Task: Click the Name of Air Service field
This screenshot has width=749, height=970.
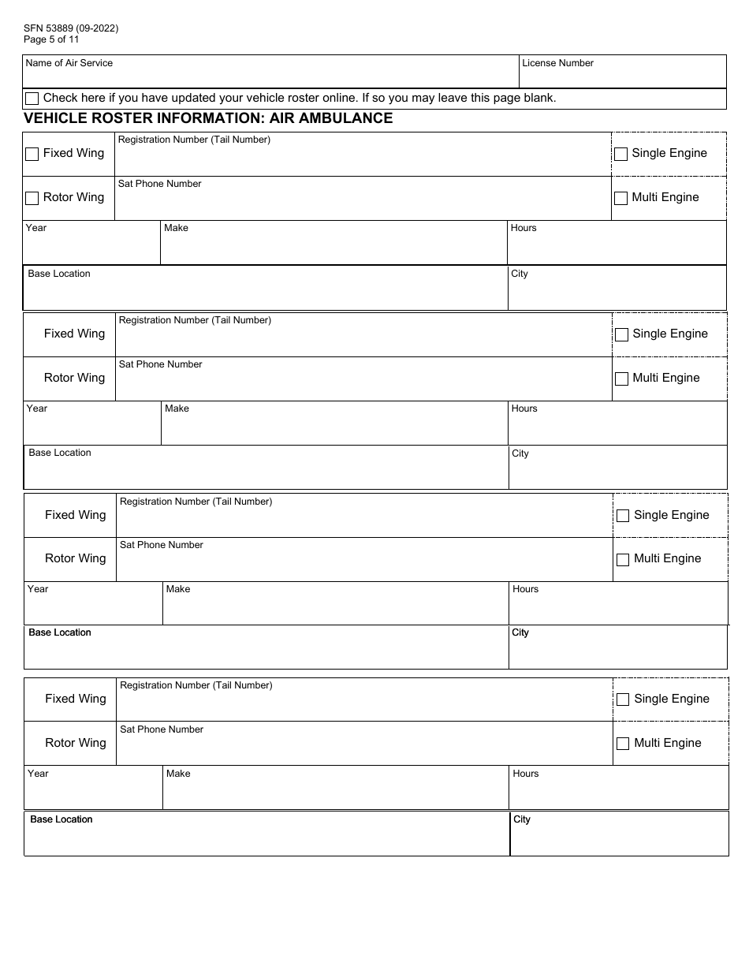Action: pyautogui.click(x=270, y=76)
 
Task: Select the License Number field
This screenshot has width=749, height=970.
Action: pyautogui.click(x=623, y=76)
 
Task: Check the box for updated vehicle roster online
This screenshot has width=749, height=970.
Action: pyautogui.click(x=32, y=99)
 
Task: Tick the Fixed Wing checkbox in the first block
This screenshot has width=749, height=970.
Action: pyautogui.click(x=32, y=154)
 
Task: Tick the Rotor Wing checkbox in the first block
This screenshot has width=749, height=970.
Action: pyautogui.click(x=32, y=198)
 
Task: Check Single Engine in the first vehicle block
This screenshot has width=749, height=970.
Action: pyautogui.click(x=621, y=154)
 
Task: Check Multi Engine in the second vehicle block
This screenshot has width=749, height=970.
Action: pyautogui.click(x=622, y=379)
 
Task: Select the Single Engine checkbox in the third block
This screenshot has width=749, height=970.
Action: pyautogui.click(x=623, y=516)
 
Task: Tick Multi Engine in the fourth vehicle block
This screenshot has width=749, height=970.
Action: pyautogui.click(x=623, y=744)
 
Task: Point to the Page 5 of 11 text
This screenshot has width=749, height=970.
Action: pyautogui.click(x=51, y=39)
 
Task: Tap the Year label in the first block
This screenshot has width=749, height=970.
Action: pyautogui.click(x=36, y=228)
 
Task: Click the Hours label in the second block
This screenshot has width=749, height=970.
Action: pyautogui.click(x=524, y=409)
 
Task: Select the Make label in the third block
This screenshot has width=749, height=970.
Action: pyautogui.click(x=178, y=589)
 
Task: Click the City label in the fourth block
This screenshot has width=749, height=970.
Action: pyautogui.click(x=522, y=819)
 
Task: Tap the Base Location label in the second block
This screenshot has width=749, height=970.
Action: pyautogui.click(x=60, y=453)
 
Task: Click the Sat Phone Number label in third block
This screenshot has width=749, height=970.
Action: pyautogui.click(x=162, y=545)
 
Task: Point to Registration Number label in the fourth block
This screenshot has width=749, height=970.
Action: pyautogui.click(x=196, y=685)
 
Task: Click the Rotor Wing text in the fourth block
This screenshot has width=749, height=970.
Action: pyautogui.click(x=76, y=743)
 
